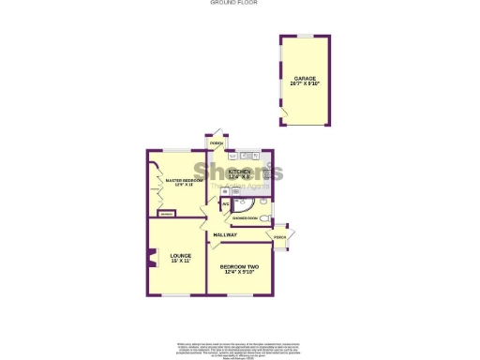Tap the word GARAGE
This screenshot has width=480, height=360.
(305, 78)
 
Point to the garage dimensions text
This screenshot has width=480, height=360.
(305, 84)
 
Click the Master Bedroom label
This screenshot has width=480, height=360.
(178, 179)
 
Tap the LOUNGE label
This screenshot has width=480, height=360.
(180, 255)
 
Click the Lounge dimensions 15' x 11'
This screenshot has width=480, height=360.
(180, 262)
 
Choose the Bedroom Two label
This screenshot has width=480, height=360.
(240, 267)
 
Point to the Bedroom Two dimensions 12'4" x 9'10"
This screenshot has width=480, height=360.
(240, 274)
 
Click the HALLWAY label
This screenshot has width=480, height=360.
(223, 234)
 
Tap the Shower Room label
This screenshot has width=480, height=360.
(246, 218)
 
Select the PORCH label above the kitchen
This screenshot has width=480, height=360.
(216, 143)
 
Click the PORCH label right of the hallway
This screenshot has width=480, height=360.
(279, 237)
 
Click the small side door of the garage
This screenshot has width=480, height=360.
(283, 114)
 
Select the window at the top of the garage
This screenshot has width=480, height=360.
(304, 36)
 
